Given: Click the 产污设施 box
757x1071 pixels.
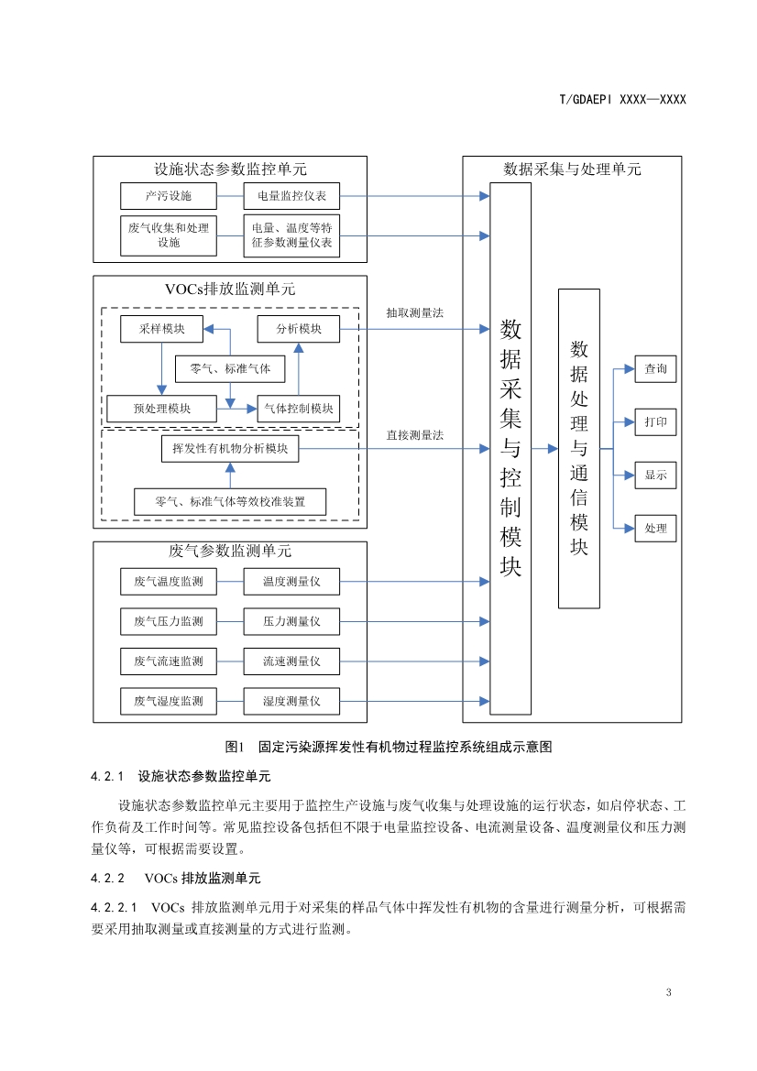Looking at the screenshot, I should point(169,196).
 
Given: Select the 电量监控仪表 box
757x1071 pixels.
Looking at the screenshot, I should point(291,196).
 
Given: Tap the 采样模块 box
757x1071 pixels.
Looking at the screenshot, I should point(162,329).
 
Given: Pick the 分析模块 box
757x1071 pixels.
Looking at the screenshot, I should point(298,329).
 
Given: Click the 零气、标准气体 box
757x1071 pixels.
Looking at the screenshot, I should point(230,368).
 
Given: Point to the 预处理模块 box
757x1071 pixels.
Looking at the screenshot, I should point(162,409).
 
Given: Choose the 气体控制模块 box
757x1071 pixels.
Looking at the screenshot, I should point(298,409).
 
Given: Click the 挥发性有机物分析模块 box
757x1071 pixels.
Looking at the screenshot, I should point(230,449).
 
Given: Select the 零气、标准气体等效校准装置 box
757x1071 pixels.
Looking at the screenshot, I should point(230,502).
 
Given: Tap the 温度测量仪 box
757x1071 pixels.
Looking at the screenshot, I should point(291,581).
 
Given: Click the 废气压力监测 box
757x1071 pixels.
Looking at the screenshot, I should point(169,621).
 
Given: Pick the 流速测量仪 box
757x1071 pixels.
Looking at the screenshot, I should point(291,661).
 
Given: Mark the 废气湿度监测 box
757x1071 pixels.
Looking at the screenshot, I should point(169,701).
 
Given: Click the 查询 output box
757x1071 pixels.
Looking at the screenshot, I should point(655,369).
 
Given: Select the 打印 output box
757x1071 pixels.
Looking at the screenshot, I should point(655,422).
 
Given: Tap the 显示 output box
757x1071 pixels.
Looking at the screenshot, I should point(655,475).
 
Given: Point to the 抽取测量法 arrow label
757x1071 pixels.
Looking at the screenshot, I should point(414,312).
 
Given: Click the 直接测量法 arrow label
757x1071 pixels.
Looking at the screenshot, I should point(414,435).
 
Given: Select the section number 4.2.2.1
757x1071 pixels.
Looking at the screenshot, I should point(114,908).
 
